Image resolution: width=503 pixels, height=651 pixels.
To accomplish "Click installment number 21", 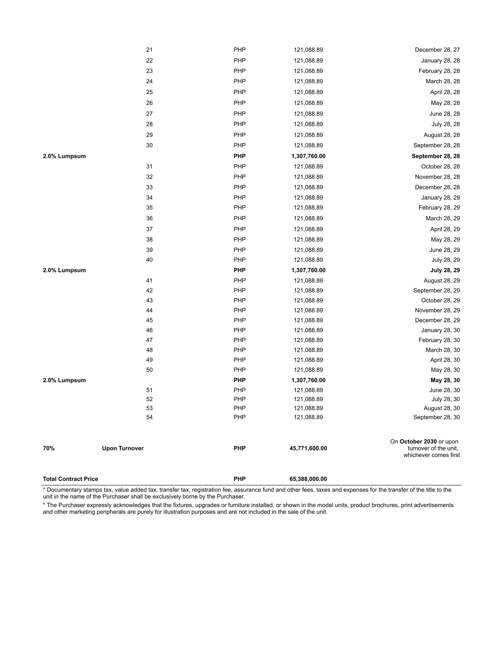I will click(149, 50).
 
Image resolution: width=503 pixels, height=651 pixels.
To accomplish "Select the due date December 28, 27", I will click(437, 50).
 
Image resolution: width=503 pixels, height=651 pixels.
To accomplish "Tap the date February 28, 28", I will click(439, 71).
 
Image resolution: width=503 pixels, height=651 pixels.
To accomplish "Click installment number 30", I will click(149, 145).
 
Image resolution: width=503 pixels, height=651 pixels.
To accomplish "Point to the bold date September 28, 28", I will click(436, 156).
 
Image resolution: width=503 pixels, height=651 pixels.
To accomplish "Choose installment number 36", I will click(149, 219).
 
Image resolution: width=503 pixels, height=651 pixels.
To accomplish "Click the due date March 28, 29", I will click(443, 219).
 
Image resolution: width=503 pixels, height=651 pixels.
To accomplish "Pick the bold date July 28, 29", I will click(445, 270).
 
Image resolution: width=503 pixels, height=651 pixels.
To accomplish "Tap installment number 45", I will click(149, 321).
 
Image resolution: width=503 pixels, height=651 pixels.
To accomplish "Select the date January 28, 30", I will click(440, 330).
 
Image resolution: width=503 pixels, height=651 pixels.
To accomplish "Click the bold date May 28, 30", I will click(445, 381).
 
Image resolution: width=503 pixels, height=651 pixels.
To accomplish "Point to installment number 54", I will click(149, 418).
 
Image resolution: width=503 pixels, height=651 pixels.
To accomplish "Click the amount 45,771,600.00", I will click(308, 448).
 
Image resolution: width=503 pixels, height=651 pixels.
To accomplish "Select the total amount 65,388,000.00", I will click(308, 479).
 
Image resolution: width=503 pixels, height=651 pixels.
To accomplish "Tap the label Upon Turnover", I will click(123, 448).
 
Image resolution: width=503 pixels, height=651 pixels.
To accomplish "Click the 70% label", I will click(48, 448).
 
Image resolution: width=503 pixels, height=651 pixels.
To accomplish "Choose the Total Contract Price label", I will click(71, 479).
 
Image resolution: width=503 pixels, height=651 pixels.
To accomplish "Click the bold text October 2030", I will click(418, 442).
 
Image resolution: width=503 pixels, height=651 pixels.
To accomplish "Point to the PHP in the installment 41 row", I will click(240, 281).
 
